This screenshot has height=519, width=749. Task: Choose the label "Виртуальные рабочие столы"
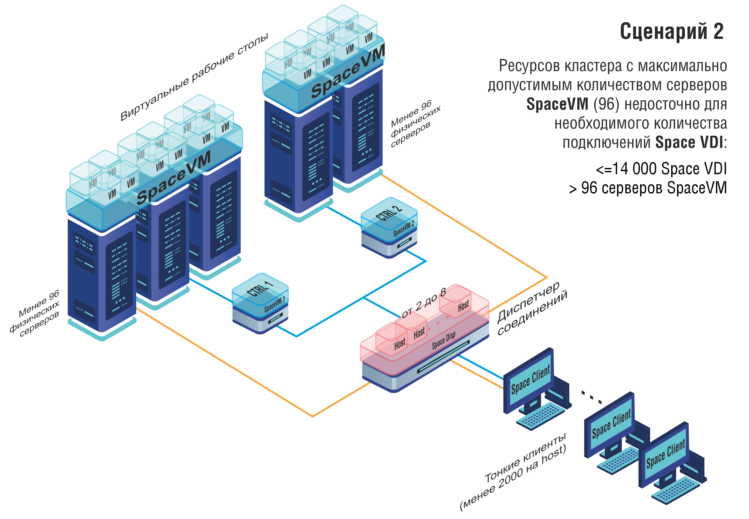click(x=194, y=77)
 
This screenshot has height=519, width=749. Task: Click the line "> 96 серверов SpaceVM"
click(x=648, y=188)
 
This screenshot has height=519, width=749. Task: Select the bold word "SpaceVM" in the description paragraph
click(x=557, y=104)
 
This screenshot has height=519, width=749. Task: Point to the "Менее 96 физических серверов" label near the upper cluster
click(x=415, y=124)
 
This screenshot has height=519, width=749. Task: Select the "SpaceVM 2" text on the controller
click(x=403, y=229)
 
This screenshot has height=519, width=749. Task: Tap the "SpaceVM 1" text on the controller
click(x=274, y=304)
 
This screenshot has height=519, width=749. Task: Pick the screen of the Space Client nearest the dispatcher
click(x=530, y=379)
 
